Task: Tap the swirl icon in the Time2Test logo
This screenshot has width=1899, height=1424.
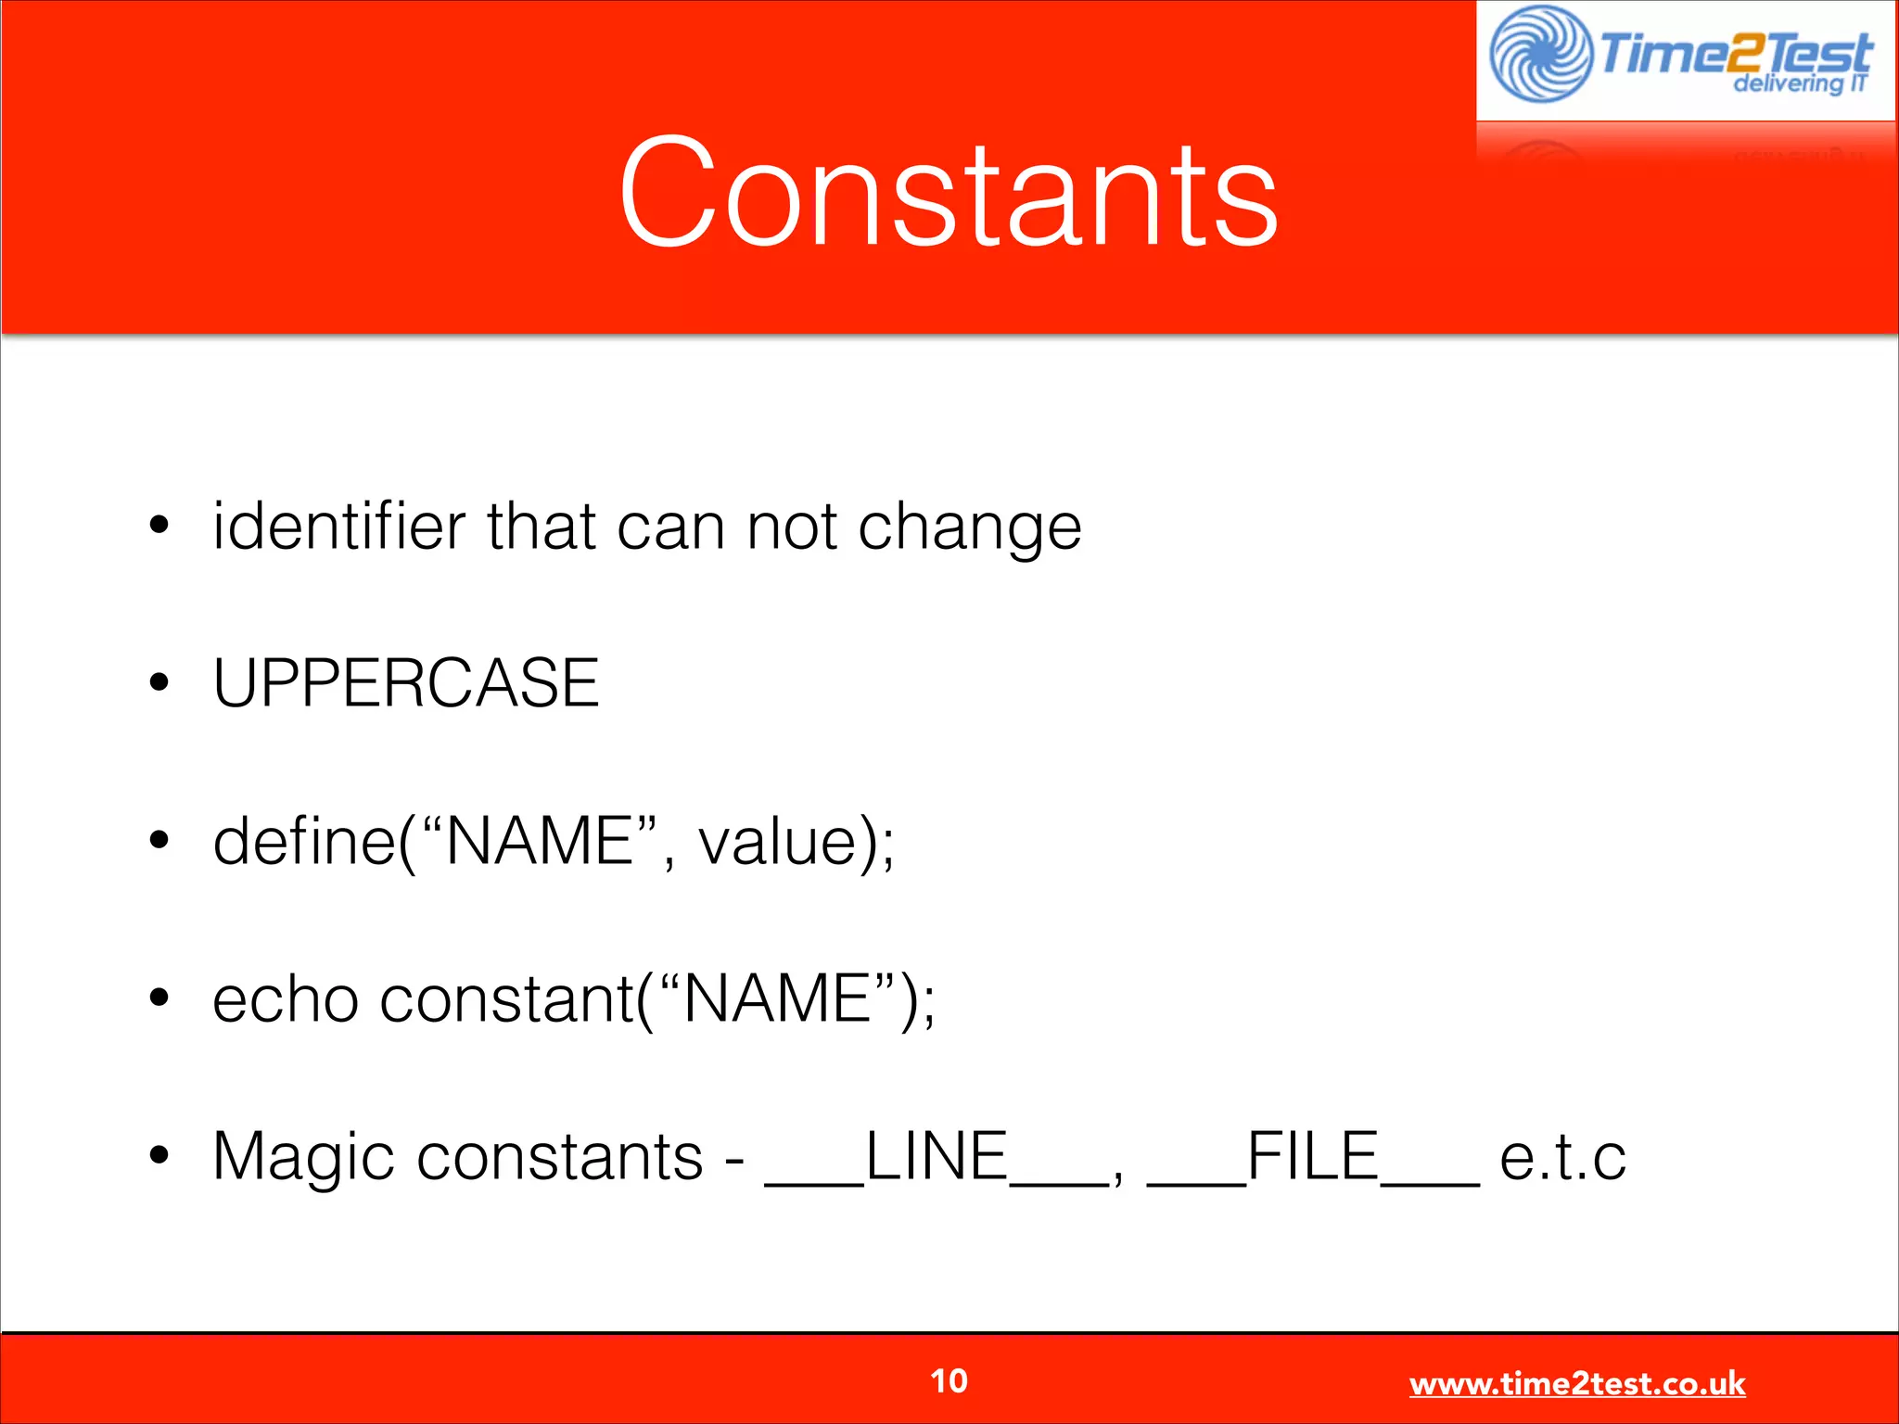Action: click(1540, 54)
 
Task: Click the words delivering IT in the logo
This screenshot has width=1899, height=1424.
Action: click(1800, 83)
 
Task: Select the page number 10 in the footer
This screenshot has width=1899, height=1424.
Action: click(949, 1380)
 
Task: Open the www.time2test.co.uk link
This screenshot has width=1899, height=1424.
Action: click(1576, 1383)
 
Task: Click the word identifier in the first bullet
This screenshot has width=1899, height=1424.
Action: click(338, 526)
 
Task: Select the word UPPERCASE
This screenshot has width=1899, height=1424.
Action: click(406, 683)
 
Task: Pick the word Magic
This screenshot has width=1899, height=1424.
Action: click(304, 1157)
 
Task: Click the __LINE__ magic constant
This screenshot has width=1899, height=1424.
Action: click(936, 1157)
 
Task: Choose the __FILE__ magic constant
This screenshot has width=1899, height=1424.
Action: click(1312, 1157)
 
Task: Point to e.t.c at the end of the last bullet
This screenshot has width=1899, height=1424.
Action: click(1562, 1157)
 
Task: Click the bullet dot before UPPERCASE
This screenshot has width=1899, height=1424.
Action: click(159, 683)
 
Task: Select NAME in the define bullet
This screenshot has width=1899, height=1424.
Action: click(540, 841)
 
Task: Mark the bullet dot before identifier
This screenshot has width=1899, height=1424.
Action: click(159, 526)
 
